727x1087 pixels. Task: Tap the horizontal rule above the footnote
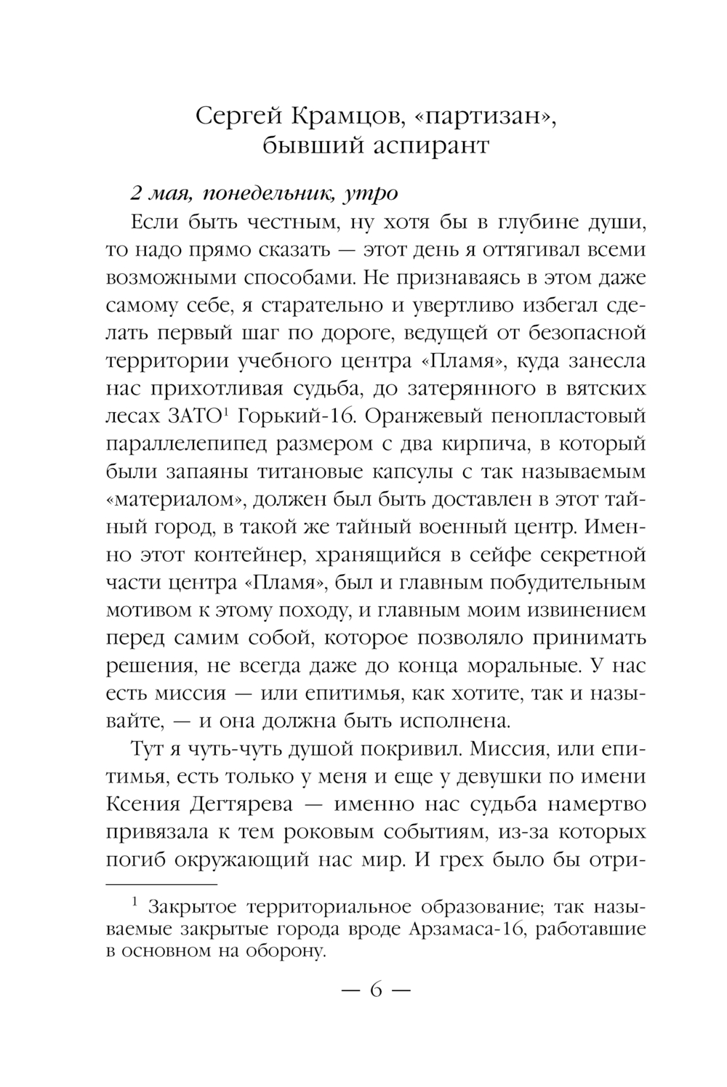coord(162,884)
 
